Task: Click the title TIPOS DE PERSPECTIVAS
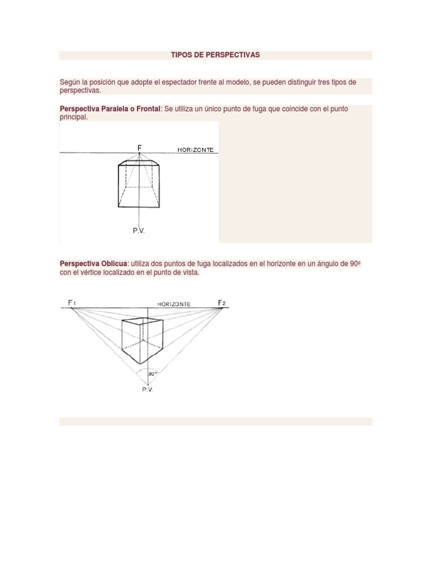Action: [215, 55]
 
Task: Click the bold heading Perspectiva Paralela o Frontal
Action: [110, 109]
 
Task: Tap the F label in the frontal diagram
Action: [140, 147]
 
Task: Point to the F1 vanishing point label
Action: [72, 303]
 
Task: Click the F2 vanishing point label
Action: [222, 303]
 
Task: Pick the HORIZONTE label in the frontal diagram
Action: [196, 150]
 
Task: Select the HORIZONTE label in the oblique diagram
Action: [173, 304]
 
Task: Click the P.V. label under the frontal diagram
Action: [139, 230]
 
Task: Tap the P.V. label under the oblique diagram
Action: [147, 390]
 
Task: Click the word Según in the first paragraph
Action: [70, 82]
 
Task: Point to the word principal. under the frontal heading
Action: [74, 117]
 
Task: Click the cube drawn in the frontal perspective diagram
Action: [139, 184]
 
